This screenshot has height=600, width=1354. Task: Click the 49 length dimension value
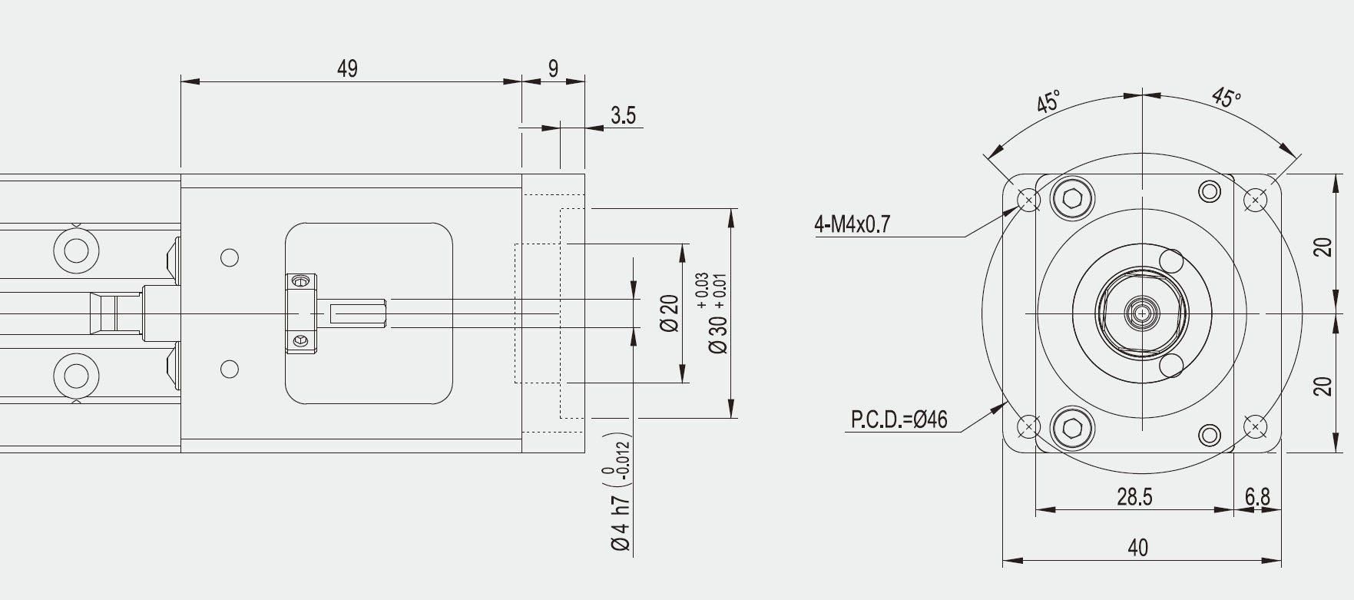pos(347,69)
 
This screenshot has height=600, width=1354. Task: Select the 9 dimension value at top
pos(553,69)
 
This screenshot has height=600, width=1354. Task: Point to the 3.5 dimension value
pos(623,116)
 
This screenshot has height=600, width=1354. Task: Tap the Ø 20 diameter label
pos(670,313)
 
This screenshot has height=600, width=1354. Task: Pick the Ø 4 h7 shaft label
pos(620,522)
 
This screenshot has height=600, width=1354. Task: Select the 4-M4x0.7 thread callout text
pos(852,224)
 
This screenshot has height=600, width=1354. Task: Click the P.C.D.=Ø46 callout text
pos(899,419)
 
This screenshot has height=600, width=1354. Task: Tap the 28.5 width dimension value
pos(1134,497)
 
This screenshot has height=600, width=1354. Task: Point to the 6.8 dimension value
pos(1257,497)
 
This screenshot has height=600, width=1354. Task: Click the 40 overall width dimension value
pos(1137,548)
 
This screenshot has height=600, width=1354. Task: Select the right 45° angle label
pos(1226,98)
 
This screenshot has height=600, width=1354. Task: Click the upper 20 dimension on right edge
pos(1323,247)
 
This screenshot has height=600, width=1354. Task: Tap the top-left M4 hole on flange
pos(1028,201)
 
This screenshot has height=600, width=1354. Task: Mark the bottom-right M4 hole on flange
pos(1255,426)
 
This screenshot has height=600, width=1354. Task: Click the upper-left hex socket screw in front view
pos(1072,198)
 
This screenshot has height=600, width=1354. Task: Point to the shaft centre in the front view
pos(1142,313)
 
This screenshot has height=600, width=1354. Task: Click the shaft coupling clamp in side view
pos(301,313)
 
